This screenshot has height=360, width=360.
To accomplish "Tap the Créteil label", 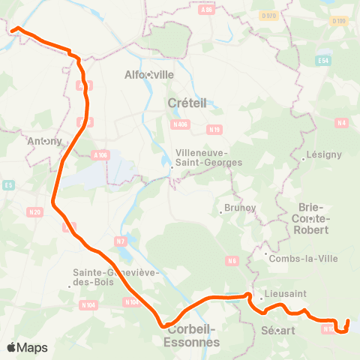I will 187,102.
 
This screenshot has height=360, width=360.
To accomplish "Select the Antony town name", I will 43,140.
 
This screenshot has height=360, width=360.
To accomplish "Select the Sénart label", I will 280,330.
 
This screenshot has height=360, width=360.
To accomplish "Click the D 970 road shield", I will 268,15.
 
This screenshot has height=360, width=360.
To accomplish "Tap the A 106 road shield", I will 101,154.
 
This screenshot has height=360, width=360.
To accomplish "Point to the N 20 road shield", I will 33,214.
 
